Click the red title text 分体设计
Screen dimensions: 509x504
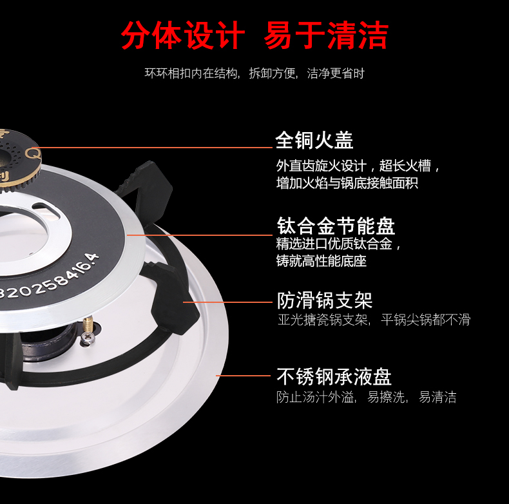tap(182, 35)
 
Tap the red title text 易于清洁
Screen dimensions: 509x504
tap(326, 35)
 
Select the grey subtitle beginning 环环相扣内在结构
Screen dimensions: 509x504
tap(254, 73)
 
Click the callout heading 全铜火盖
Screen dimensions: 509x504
tap(314, 141)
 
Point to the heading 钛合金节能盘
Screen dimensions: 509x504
tap(336, 226)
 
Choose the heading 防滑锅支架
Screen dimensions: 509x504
tap(324, 300)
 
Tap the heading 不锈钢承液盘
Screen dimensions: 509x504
tap(334, 376)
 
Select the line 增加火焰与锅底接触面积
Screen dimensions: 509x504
tap(347, 183)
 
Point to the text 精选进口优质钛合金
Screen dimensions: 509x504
tap(338, 244)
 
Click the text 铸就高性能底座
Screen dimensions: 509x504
tap(322, 261)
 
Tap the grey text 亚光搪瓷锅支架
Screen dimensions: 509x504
tap(323, 320)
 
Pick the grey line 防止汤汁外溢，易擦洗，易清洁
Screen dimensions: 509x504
tap(366, 397)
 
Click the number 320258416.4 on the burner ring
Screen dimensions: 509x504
tap(49, 279)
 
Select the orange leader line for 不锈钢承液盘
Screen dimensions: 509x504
tap(244, 376)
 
